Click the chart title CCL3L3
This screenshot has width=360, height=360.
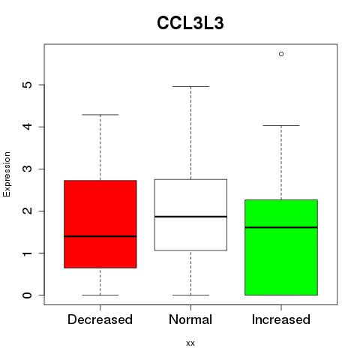point(190,23)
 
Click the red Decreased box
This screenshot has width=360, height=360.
point(100,224)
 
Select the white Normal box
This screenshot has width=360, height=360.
point(190,214)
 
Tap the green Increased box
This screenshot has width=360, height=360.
point(281,247)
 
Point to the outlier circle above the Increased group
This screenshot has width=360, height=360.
point(281,54)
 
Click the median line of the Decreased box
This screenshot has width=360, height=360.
point(100,236)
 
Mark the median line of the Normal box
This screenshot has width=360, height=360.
point(190,217)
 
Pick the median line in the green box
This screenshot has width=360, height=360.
point(281,227)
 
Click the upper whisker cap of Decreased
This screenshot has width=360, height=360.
point(100,115)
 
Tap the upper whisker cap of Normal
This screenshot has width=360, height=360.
point(190,86)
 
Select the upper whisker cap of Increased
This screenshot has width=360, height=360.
point(281,125)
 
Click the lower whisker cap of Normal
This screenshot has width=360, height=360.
point(190,295)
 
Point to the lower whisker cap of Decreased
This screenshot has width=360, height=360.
point(100,295)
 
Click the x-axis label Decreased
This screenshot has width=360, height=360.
point(100,319)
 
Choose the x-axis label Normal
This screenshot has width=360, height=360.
point(190,319)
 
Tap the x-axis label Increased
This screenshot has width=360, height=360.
point(281,319)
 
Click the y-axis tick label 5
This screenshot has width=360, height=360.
point(28,85)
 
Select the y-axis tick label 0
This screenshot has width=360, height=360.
point(28,295)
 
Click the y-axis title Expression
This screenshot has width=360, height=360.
point(7,174)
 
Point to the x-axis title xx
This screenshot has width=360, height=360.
point(190,343)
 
